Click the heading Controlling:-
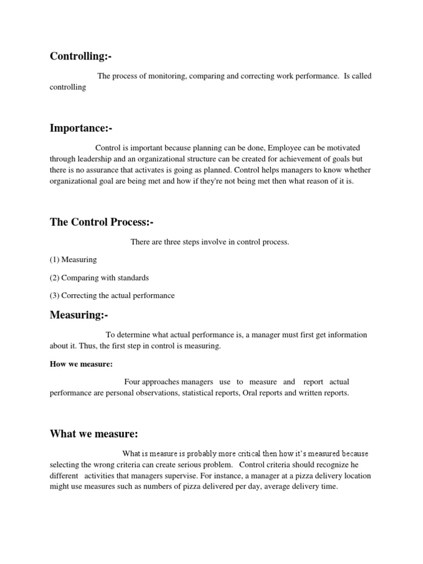pyautogui.click(x=84, y=56)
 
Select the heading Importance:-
pyautogui.click(x=80, y=128)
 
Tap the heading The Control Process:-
pyautogui.click(x=101, y=222)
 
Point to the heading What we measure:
pyautogui.click(x=94, y=434)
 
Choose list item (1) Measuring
pyautogui.click(x=73, y=259)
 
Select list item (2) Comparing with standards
pyautogui.click(x=99, y=278)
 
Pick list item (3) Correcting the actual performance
pyautogui.click(x=112, y=295)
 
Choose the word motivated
pyautogui.click(x=344, y=148)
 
